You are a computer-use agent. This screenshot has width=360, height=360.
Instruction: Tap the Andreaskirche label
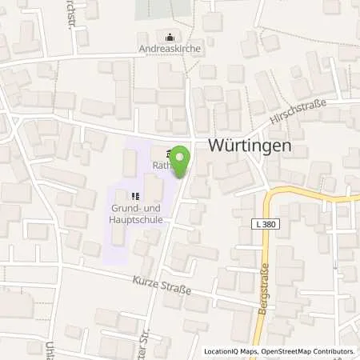(169, 47)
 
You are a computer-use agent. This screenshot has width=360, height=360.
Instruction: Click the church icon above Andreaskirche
(169, 36)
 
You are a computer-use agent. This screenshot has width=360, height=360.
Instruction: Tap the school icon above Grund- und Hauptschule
(135, 194)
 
